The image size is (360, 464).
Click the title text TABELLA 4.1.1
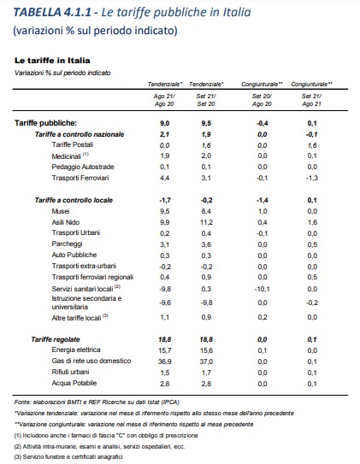tap(52, 12)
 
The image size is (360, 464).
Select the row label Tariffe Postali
tap(73, 144)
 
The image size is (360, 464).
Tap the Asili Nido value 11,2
tap(206, 222)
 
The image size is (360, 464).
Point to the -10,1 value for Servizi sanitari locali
tap(262, 289)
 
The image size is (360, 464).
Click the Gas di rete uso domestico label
tap(91, 361)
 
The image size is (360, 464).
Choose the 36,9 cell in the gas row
tap(165, 361)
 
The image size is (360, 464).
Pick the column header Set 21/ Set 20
tap(206, 100)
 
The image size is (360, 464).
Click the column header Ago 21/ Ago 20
tap(164, 100)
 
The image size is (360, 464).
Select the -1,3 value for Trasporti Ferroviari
tap(312, 178)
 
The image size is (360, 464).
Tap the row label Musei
tap(61, 211)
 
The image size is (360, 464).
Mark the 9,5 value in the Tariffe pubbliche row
tap(206, 123)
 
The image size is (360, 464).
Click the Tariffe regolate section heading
tap(56, 339)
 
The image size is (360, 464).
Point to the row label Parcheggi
tap(67, 244)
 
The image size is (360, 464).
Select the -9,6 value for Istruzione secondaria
tap(165, 302)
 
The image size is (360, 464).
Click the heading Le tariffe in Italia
tap(52, 61)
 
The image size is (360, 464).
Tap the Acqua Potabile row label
tap(74, 383)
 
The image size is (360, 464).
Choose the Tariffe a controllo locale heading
tap(74, 200)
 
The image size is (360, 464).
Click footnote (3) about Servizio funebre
tap(68, 457)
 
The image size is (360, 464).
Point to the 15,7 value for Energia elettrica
tap(165, 350)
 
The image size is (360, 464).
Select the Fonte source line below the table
tap(97, 402)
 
